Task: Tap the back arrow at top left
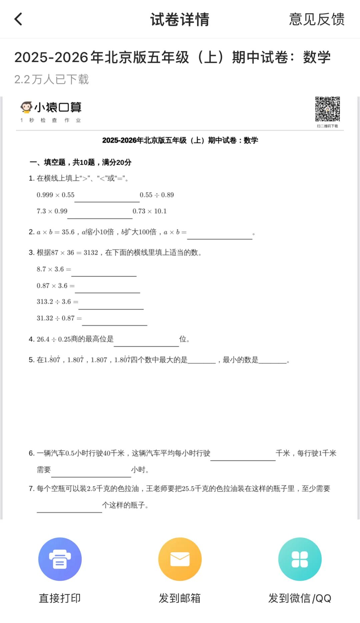pos(19,19)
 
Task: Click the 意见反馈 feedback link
pos(316,19)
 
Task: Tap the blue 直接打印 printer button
pos(60,559)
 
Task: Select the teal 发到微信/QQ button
pos(300,559)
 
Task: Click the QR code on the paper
pos(327,109)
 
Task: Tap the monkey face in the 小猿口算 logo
pos(26,107)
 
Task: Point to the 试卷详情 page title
pos(180,19)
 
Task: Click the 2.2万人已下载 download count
pos(51,79)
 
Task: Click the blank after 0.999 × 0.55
pos(107,197)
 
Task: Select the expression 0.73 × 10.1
pos(149,211)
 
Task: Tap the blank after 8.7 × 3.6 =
pos(104,271)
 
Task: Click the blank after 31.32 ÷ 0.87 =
pos(114,321)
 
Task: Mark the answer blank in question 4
pos(146,342)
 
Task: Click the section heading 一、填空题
pos(80,162)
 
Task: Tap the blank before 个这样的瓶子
pos(69,507)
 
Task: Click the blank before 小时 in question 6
pos(91,472)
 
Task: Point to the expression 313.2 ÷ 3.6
pos(54,302)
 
